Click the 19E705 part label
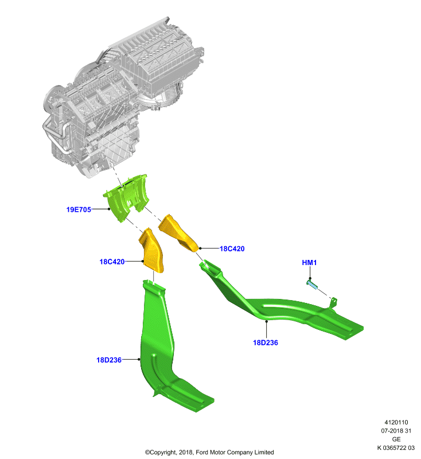pos(79,209)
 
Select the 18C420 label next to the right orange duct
pos(232,249)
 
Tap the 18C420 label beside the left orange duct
pos(112,262)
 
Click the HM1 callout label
pos(309,263)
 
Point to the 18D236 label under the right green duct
pos(266,343)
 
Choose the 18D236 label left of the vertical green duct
pos(109,360)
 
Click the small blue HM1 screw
pos(312,284)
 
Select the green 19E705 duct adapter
pos(126,197)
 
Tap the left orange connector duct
pos(151,251)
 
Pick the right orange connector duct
pos(178,233)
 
